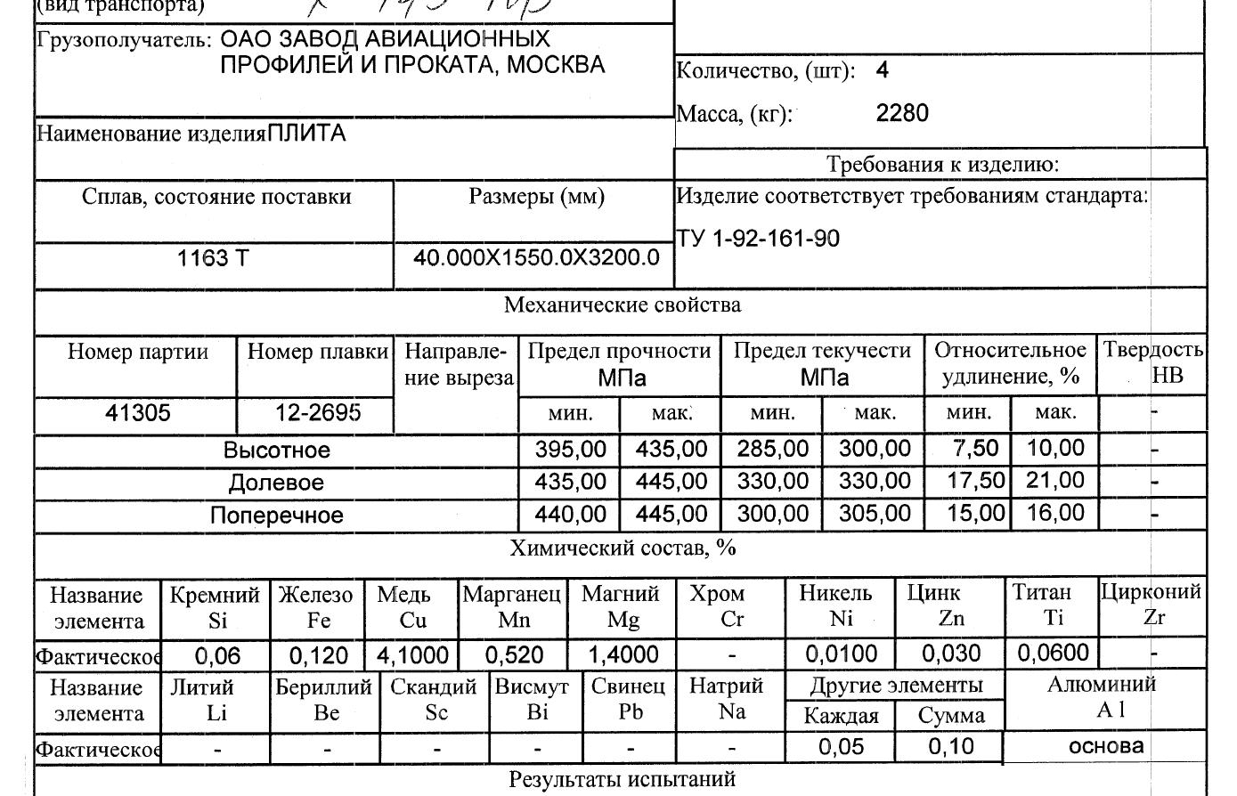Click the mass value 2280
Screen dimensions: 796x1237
click(x=902, y=113)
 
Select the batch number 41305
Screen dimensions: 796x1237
click(x=138, y=413)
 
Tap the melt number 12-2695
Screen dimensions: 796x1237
click(x=318, y=413)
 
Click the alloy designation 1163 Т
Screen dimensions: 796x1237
click(x=214, y=258)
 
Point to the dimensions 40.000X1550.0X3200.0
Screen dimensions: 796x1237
click(x=536, y=258)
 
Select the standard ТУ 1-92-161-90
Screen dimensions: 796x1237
click(x=758, y=239)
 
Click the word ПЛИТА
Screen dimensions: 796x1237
click(x=306, y=134)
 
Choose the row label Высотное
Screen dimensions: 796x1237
click(x=276, y=451)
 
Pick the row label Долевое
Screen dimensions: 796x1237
click(x=276, y=483)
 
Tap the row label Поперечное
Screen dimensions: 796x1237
click(x=276, y=516)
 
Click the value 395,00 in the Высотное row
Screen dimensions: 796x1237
click(x=570, y=450)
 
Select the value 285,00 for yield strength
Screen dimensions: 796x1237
click(x=773, y=450)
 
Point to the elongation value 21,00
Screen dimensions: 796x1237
click(x=1055, y=482)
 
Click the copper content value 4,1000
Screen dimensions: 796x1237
click(x=412, y=656)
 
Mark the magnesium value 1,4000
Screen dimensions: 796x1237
click(x=623, y=656)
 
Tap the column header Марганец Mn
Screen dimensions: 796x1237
click(x=512, y=606)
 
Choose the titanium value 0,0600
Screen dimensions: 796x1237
click(x=1054, y=654)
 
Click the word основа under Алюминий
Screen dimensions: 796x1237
click(x=1106, y=746)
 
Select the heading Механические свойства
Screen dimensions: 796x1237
click(x=622, y=305)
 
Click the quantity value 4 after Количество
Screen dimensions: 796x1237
click(x=882, y=70)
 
